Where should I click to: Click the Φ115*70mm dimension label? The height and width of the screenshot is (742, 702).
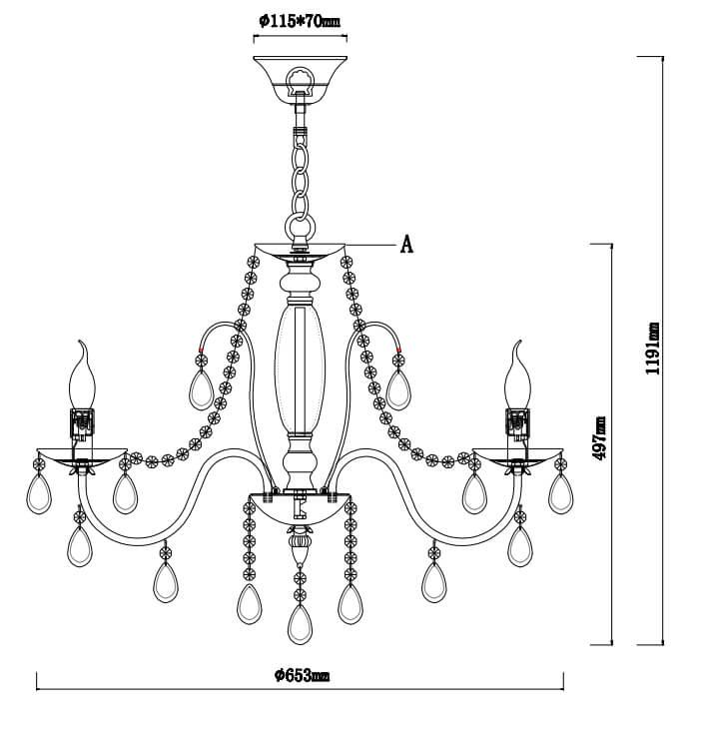click(x=299, y=21)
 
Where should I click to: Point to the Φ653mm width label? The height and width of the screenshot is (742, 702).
click(x=301, y=676)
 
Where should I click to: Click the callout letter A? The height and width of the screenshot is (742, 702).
click(x=406, y=245)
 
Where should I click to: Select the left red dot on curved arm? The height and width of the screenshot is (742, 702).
click(x=202, y=350)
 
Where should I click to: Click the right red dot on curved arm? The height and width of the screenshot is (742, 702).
click(x=399, y=350)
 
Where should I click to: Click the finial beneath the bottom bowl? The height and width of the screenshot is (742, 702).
click(x=297, y=547)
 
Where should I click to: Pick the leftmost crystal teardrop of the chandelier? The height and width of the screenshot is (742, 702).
click(x=40, y=491)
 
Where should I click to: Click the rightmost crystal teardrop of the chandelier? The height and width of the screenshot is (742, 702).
click(x=561, y=491)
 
